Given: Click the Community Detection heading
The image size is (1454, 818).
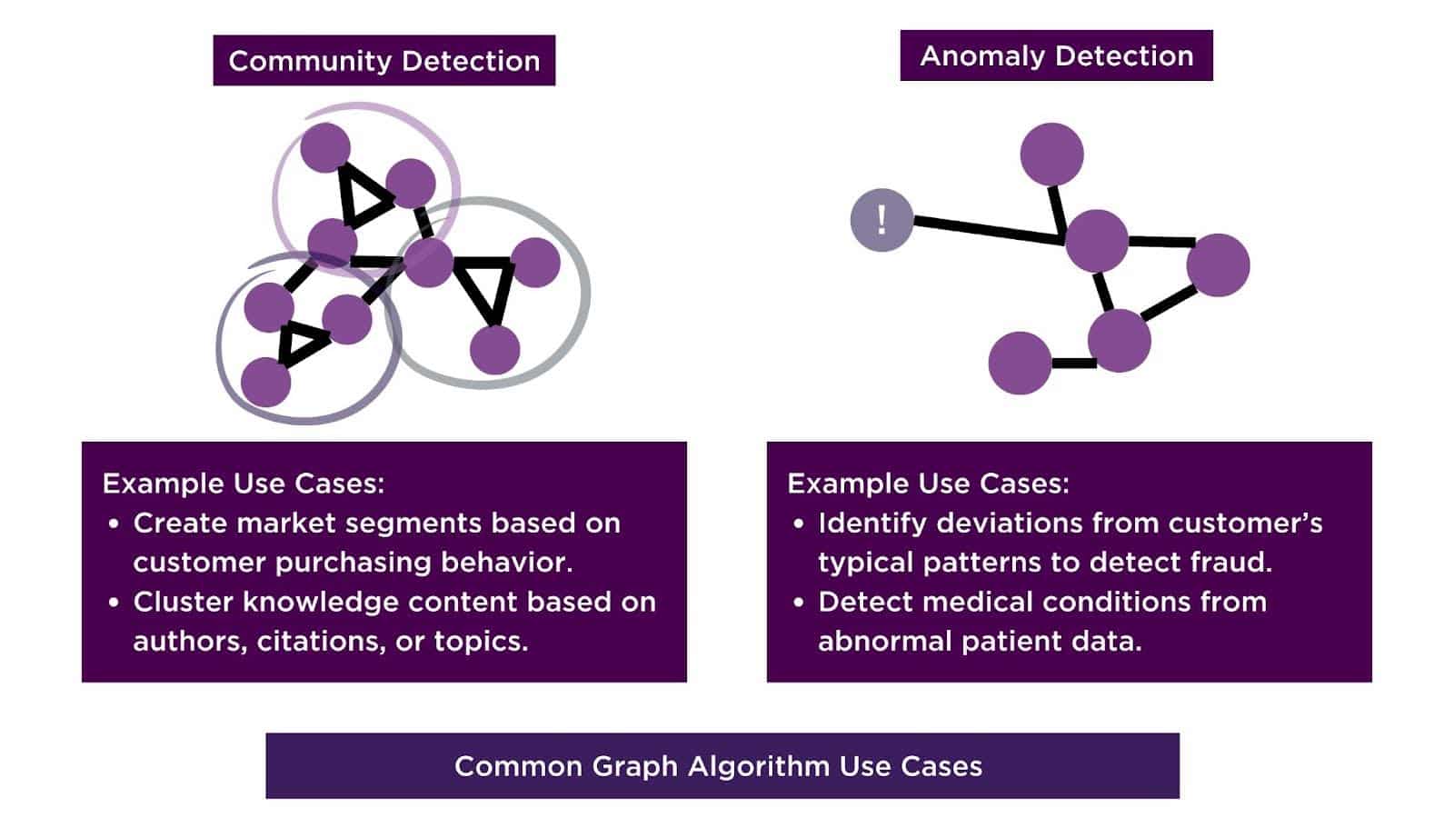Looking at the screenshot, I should (383, 61).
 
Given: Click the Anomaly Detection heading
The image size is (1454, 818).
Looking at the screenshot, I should (1056, 56).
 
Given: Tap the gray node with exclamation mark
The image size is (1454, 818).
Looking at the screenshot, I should (881, 220).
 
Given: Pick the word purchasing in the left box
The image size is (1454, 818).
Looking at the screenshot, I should (354, 563).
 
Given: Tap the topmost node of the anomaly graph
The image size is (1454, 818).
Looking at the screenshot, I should (1051, 155).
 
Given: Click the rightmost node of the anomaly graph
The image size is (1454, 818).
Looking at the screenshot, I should (1218, 264).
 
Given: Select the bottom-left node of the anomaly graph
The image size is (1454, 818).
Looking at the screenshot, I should (1020, 363).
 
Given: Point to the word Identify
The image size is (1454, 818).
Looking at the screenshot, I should (872, 524).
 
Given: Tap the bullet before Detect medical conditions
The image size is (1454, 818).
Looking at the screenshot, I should (799, 603).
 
